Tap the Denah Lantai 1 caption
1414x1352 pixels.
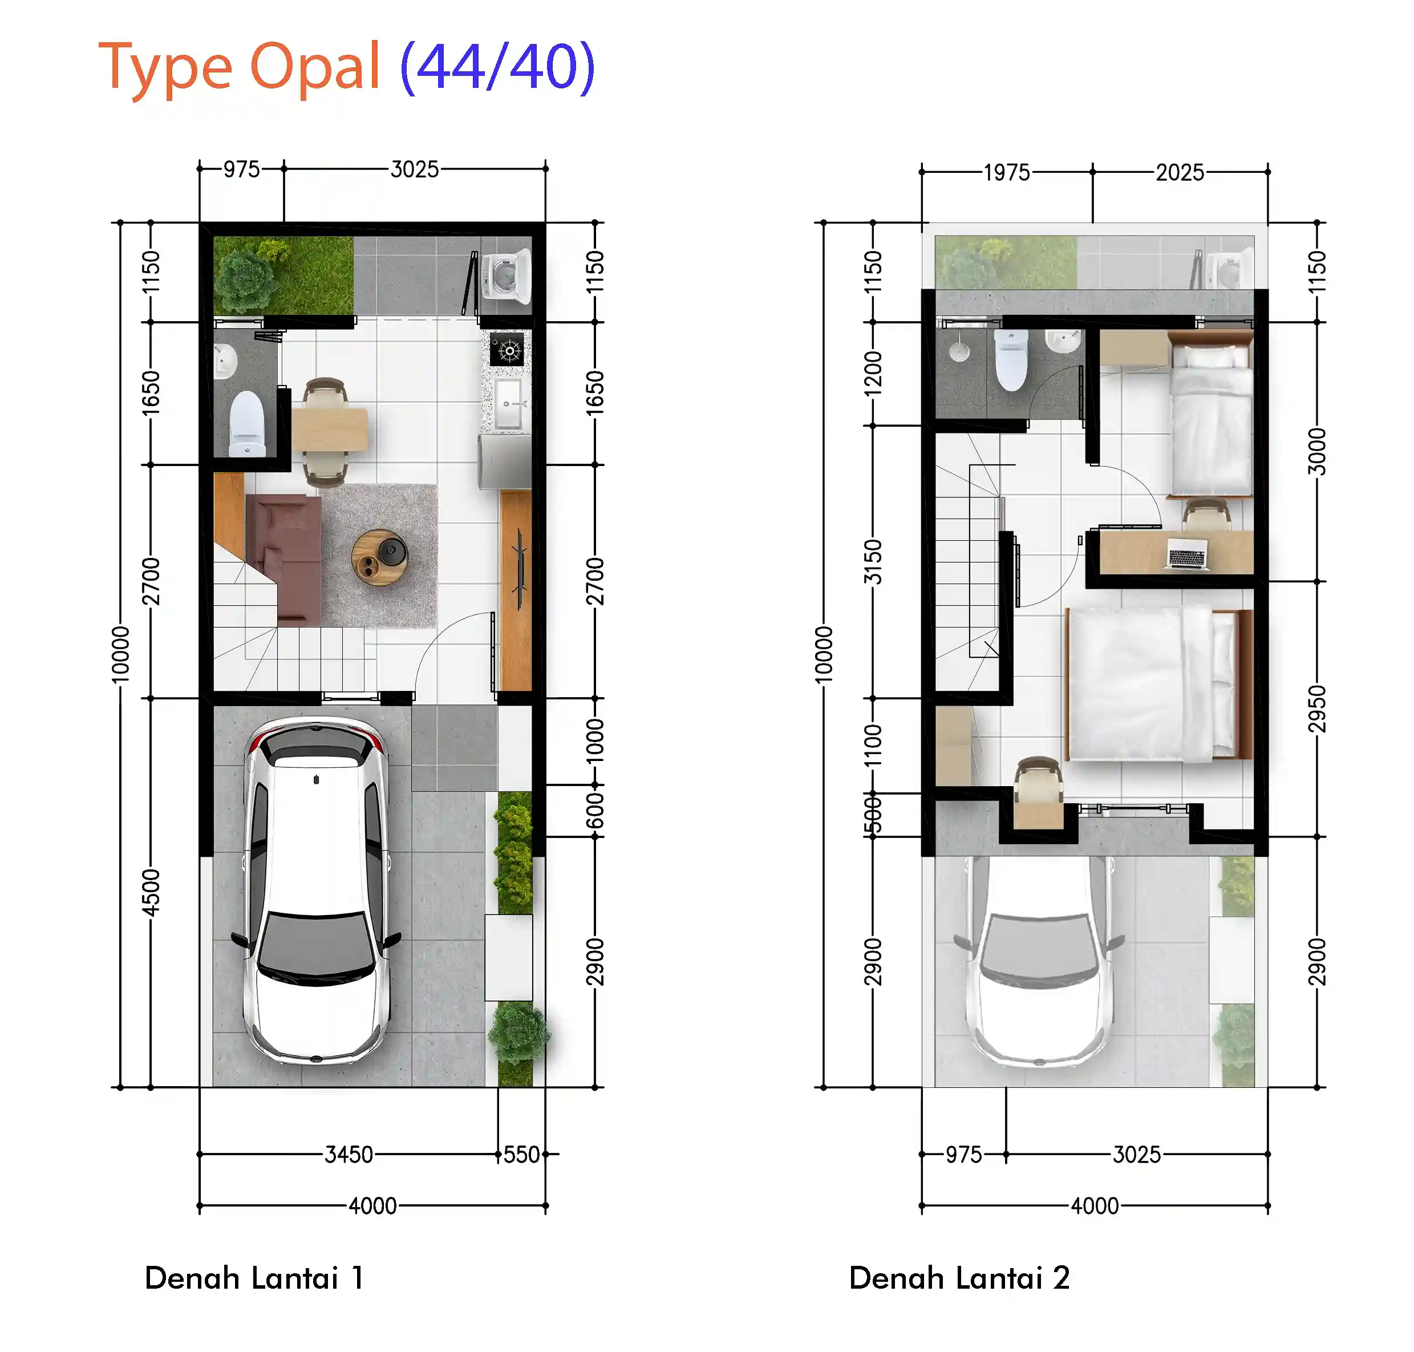pos(254,1277)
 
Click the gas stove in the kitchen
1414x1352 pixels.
pos(509,350)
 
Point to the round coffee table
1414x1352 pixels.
pos(380,557)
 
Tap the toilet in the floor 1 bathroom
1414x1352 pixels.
pos(247,424)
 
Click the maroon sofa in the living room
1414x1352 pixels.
pos(283,558)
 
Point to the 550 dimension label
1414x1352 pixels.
pos(521,1155)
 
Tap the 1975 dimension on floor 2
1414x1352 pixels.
pos(1006,173)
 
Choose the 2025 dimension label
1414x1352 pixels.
pos(1180,173)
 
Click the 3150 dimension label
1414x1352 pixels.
pos(873,561)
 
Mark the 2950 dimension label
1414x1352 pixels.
pos(1316,709)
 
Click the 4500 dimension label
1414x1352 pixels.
pos(151,892)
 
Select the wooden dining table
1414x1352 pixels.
pos(330,430)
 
